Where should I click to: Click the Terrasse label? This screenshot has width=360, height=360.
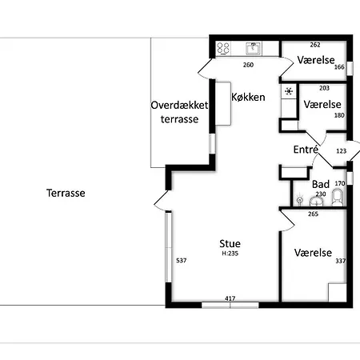tap(66, 193)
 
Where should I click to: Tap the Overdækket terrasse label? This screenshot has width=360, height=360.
tap(179, 112)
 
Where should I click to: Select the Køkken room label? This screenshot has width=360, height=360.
tap(248, 97)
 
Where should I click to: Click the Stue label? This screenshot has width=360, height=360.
tap(230, 243)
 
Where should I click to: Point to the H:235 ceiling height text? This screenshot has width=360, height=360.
tap(230, 254)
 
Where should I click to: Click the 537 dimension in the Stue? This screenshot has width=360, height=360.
tap(182, 260)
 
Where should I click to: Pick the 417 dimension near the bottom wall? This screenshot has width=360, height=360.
tap(230, 298)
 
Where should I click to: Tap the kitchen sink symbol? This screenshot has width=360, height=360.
tap(253, 48)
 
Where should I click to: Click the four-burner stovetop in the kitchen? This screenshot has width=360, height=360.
tap(223, 48)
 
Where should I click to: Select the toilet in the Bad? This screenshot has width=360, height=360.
tap(338, 198)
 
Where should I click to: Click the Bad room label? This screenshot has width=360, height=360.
tap(321, 184)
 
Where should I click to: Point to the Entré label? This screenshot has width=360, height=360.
tap(306, 150)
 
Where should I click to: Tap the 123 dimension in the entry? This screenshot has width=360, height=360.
tap(342, 151)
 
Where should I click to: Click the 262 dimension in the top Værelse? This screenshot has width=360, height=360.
tap(315, 45)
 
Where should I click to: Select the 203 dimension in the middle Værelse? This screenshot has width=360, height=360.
tap(324, 88)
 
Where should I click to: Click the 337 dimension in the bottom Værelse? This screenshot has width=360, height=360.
tap(341, 261)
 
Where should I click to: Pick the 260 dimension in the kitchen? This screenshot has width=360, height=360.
tap(248, 65)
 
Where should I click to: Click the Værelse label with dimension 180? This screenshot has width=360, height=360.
tap(322, 104)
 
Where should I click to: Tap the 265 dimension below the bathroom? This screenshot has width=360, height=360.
tap(313, 214)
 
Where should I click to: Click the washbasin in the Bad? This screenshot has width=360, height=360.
tap(317, 202)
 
